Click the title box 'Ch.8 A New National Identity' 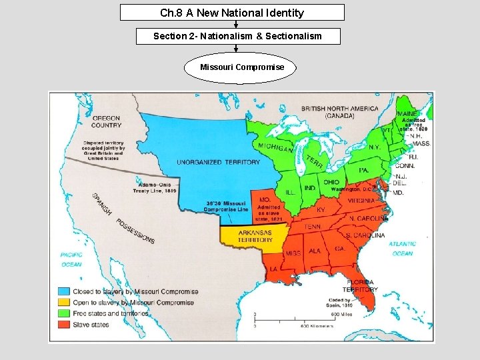click(232, 13)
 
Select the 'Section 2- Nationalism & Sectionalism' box click(237, 36)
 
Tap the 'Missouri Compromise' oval click(241, 67)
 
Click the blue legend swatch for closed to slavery click(64, 291)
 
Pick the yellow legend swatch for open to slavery click(64, 302)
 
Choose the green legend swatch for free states click(64, 313)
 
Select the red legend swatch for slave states click(64, 325)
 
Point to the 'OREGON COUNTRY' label click(106, 121)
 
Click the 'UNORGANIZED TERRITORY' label click(218, 162)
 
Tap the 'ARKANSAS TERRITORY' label click(255, 236)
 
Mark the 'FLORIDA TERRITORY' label click(360, 286)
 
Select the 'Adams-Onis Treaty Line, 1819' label click(154, 187)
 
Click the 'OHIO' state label click(331, 182)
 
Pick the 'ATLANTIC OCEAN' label click(403, 249)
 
